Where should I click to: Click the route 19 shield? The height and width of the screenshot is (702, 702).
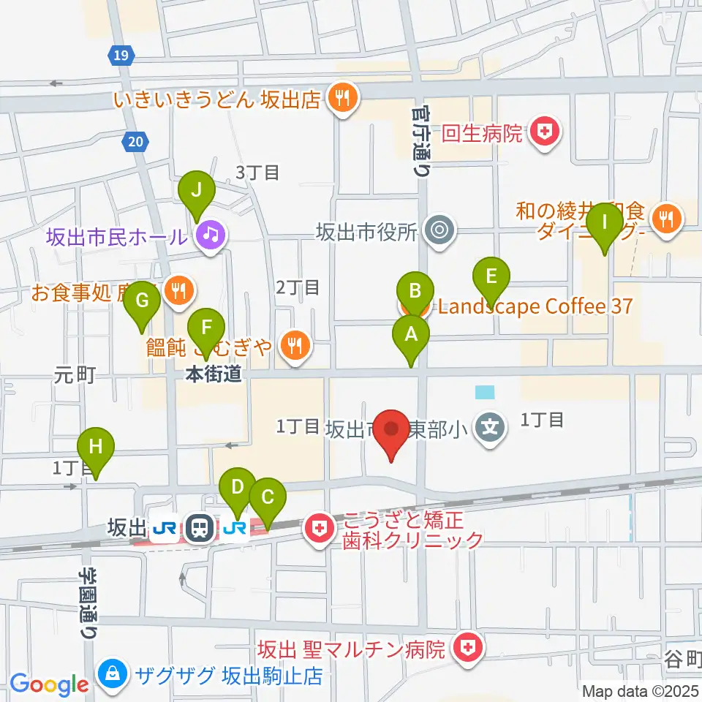121,54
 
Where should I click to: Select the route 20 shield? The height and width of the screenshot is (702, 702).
136,141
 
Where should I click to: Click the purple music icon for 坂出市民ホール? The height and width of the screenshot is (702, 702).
211,235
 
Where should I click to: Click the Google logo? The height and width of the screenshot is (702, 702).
49,684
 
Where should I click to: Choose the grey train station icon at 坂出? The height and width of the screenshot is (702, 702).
198,527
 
